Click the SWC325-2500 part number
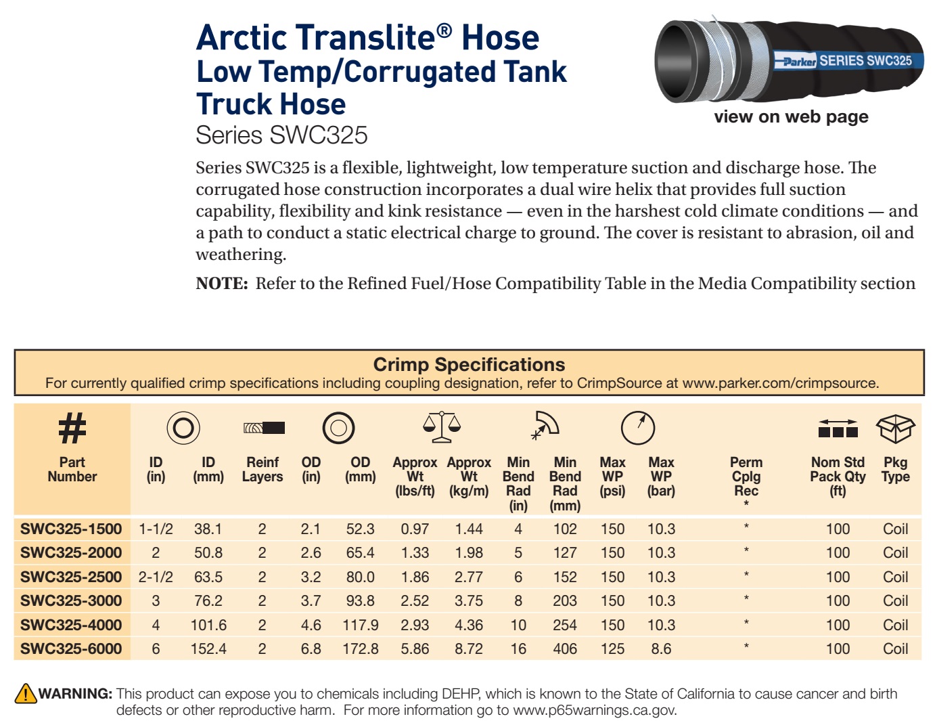coord(71,577)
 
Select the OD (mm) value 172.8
coord(360,649)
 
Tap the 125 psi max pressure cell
coord(612,649)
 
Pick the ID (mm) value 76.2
coord(208,600)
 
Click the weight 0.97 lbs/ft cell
coord(415,529)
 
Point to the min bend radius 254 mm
coord(565,625)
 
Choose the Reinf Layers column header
coord(262,469)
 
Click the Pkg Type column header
coord(895,469)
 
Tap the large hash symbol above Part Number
coord(72,428)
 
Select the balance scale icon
coord(442,427)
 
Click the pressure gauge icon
coord(638,428)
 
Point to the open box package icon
coord(895,429)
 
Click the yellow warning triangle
coord(26,693)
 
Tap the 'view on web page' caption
coord(791,116)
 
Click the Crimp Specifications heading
coord(469,364)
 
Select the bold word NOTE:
coord(222,284)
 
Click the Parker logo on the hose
coord(799,62)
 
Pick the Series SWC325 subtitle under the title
coord(281,135)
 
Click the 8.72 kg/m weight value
coord(469,649)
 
